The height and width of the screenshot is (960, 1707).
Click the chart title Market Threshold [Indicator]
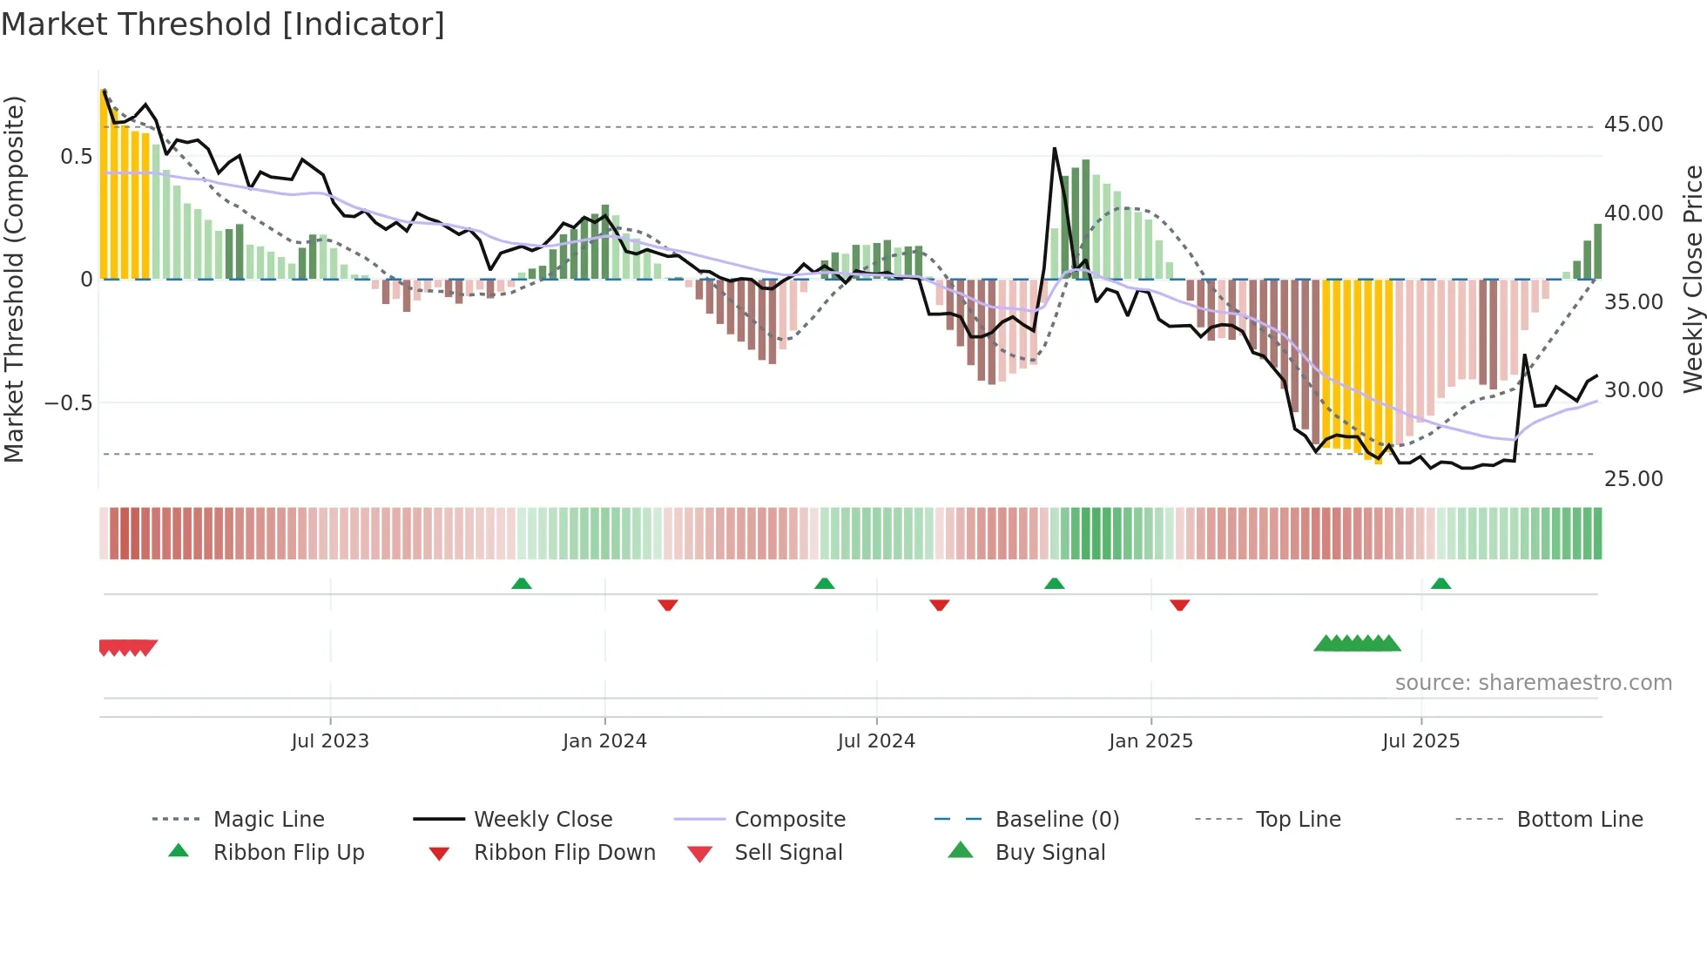(223, 24)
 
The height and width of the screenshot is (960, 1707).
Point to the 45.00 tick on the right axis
(1633, 125)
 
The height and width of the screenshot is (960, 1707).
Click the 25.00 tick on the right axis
(1633, 479)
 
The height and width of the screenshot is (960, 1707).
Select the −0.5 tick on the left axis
(68, 403)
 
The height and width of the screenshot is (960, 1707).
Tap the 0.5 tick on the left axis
(76, 157)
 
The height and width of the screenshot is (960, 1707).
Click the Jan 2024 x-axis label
(604, 741)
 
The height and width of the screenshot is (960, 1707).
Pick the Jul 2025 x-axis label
(1420, 741)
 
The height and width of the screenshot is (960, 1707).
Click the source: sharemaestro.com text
(1533, 683)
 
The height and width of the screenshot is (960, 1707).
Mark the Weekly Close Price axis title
(1692, 279)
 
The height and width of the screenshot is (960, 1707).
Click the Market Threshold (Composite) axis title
(14, 279)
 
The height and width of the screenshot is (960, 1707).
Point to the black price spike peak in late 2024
(1054, 150)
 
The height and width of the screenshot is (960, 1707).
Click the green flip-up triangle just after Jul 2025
(1440, 584)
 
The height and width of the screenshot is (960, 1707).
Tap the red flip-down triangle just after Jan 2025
(1179, 605)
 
